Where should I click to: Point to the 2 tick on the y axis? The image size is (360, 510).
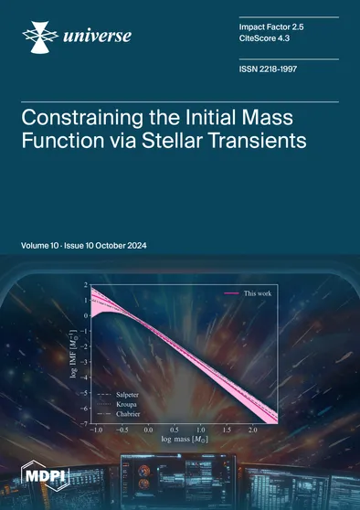pyautogui.click(x=85, y=286)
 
